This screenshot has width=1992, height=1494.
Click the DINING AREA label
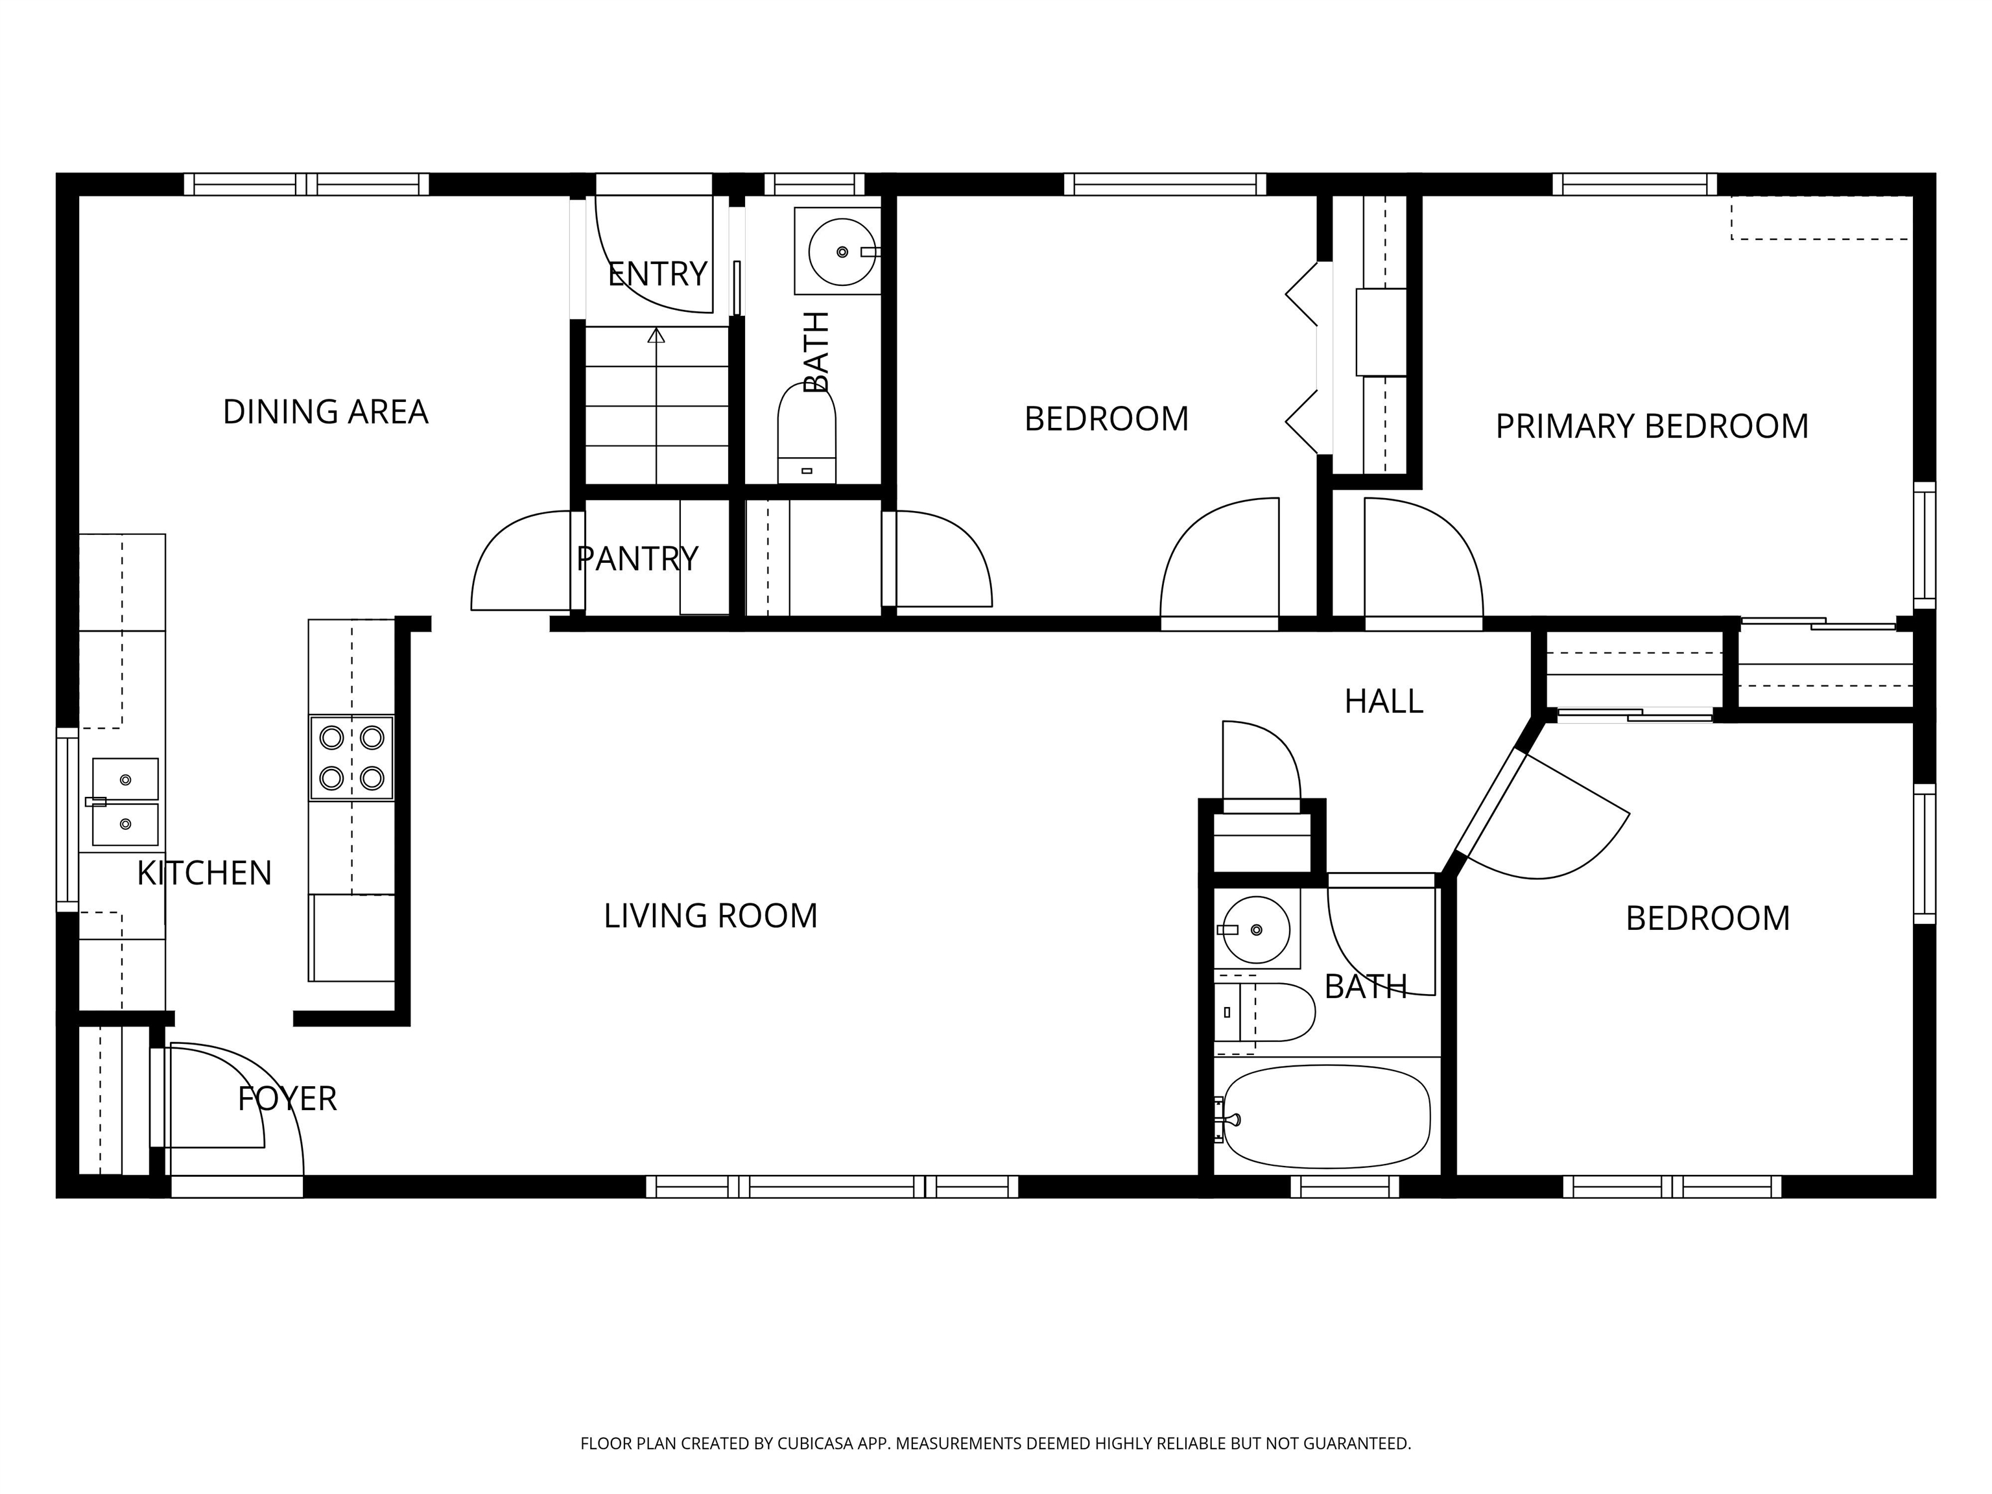pyautogui.click(x=325, y=412)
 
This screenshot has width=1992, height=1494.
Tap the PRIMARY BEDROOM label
pyautogui.click(x=1652, y=427)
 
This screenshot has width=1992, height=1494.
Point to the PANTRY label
pyautogui.click(x=637, y=559)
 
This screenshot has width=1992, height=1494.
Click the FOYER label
pyautogui.click(x=287, y=1098)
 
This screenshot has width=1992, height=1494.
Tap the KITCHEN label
pyautogui.click(x=204, y=873)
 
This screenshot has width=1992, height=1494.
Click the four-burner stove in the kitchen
pyautogui.click(x=351, y=757)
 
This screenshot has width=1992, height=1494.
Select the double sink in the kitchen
pyautogui.click(x=124, y=801)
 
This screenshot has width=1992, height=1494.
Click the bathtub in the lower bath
pyautogui.click(x=1325, y=1117)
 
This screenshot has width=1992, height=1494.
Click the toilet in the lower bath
pyautogui.click(x=1263, y=1012)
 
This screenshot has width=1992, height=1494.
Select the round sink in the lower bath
pyautogui.click(x=1255, y=929)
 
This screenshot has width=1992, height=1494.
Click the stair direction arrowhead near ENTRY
pyautogui.click(x=656, y=335)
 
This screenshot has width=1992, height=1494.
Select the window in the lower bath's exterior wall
pyautogui.click(x=1344, y=1187)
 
